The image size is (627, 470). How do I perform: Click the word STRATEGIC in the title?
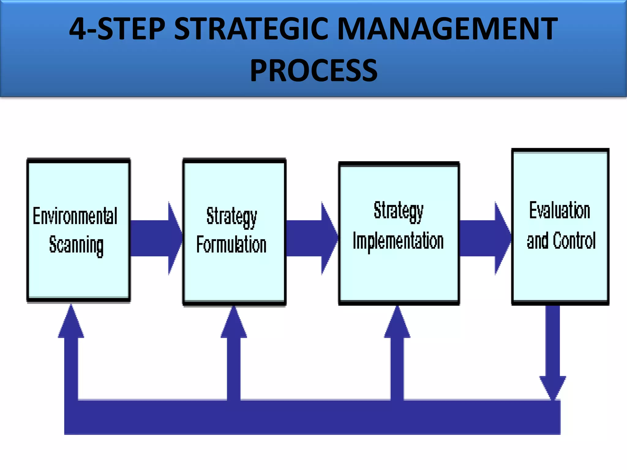pos(251,29)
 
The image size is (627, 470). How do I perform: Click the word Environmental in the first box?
pos(75,216)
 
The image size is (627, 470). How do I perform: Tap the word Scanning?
pos(77,245)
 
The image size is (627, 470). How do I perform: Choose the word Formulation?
pos(231,244)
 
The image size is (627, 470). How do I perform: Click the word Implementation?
pos(398,241)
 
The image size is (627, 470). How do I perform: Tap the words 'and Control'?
pos(561,241)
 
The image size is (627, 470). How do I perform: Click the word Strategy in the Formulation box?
pos(232,216)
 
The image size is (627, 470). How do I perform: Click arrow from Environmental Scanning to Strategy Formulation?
pos(156,238)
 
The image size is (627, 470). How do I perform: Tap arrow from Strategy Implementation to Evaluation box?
pos(485,238)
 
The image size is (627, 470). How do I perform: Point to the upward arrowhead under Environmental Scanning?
pos(71,324)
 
